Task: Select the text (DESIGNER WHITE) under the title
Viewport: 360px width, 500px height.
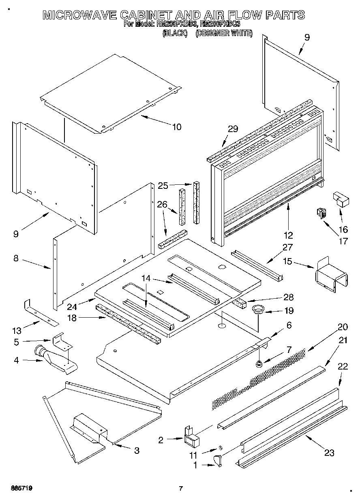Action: point(224,34)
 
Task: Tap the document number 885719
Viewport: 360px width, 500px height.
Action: point(19,489)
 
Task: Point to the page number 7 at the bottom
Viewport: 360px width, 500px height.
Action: point(181,489)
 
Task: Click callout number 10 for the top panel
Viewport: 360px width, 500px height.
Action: point(176,127)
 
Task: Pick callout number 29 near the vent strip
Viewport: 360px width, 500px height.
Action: point(233,129)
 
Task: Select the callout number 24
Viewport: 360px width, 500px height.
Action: point(84,307)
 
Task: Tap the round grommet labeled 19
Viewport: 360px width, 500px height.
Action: point(257,310)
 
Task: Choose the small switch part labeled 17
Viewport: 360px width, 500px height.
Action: point(322,213)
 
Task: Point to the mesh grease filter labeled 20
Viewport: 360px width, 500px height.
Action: point(259,379)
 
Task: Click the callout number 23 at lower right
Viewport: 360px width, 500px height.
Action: point(329,452)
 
